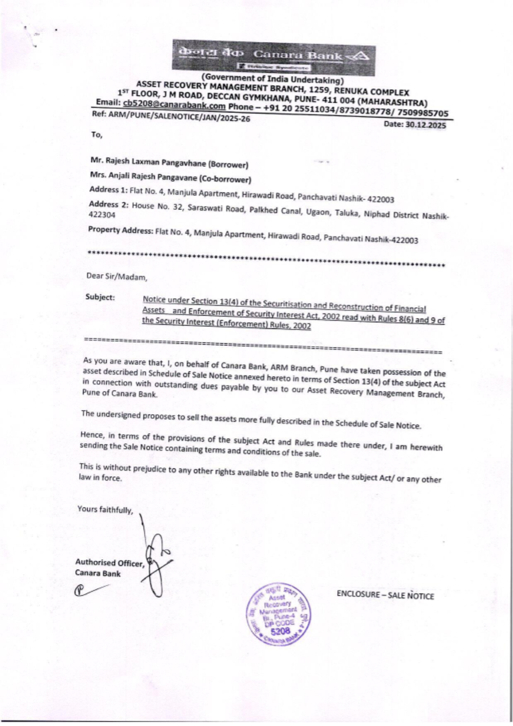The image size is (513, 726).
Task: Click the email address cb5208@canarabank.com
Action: (174, 106)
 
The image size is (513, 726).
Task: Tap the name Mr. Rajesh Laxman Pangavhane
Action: (148, 162)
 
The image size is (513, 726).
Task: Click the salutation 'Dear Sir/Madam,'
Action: (116, 277)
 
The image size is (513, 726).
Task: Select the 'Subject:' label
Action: (100, 297)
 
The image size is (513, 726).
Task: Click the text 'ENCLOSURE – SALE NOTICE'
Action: (385, 595)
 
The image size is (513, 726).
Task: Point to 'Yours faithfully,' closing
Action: (105, 509)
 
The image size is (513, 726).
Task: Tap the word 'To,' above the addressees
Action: (96, 135)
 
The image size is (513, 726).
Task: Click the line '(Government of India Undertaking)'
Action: (272, 80)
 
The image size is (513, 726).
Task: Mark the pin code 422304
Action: (102, 216)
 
